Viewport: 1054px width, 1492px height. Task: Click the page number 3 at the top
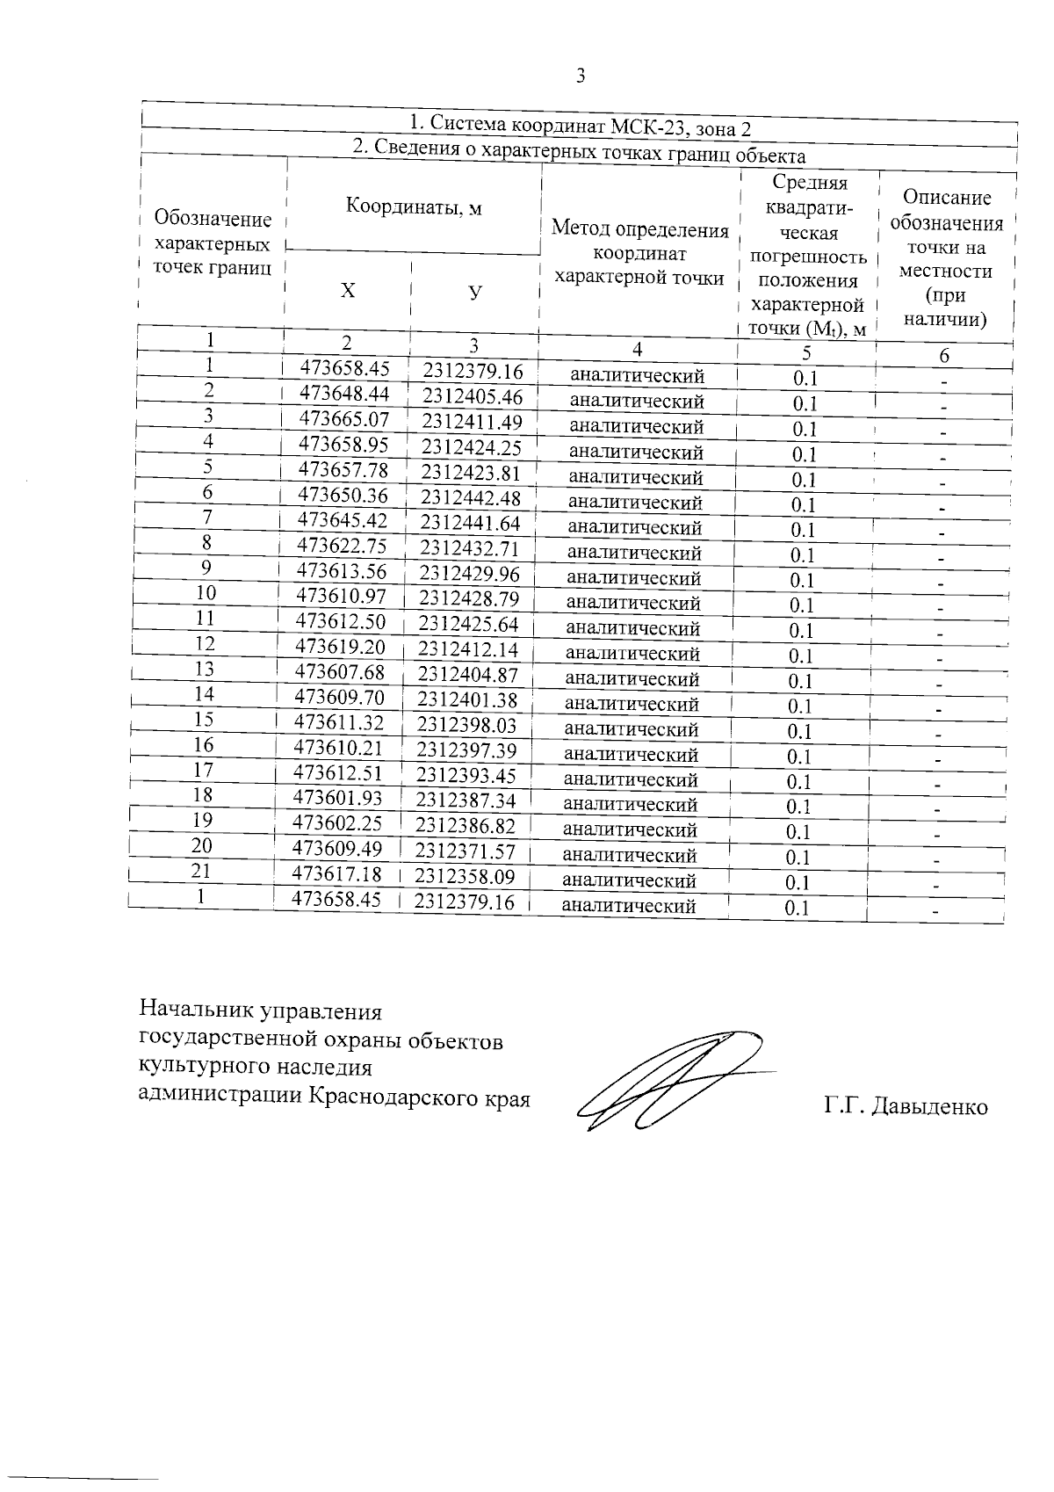click(580, 76)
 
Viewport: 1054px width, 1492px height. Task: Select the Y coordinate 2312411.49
click(473, 422)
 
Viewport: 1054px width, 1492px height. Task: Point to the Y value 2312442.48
click(471, 498)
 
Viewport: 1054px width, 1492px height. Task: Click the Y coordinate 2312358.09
click(465, 876)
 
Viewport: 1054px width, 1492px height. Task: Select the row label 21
click(204, 871)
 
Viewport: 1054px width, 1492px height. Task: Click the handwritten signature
click(668, 1081)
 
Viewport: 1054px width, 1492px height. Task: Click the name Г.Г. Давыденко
click(906, 1107)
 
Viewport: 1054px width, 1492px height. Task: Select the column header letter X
click(349, 291)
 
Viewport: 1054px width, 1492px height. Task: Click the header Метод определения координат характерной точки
click(639, 254)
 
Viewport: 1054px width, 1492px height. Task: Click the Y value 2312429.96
click(469, 574)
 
